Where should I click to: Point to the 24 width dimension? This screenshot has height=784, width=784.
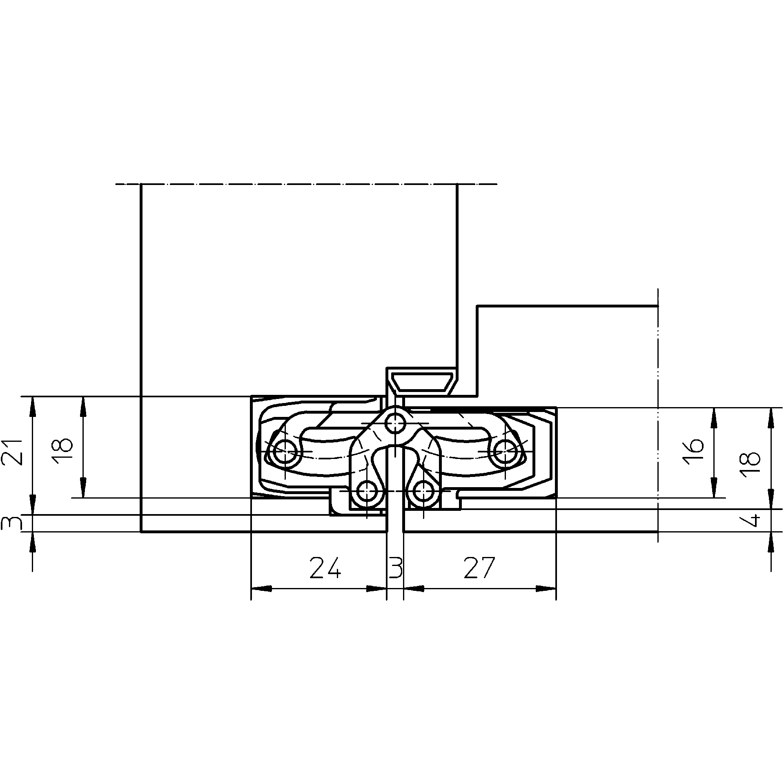(x=325, y=568)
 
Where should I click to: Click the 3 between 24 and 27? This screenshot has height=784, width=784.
(x=395, y=568)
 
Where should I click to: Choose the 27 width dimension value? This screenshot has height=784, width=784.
(x=479, y=568)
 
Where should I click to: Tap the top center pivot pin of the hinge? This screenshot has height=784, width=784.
(x=395, y=423)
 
